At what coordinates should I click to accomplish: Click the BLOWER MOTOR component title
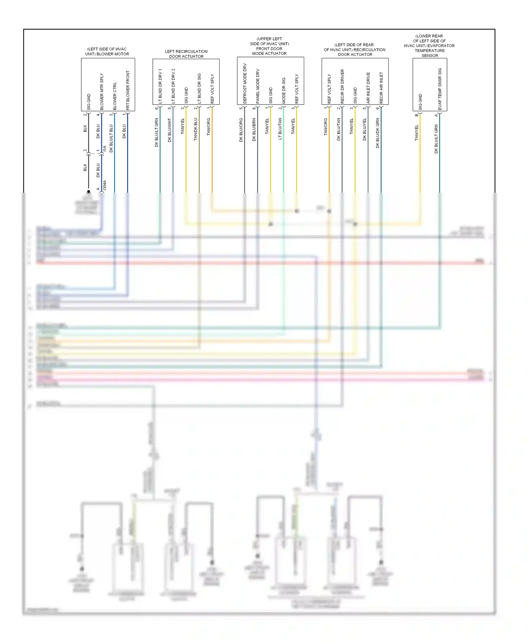(107, 52)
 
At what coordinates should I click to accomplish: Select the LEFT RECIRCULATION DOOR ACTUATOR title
(186, 54)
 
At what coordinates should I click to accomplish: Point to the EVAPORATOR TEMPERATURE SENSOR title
(429, 46)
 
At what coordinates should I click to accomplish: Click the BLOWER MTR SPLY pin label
(102, 91)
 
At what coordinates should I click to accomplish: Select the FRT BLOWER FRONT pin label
(128, 90)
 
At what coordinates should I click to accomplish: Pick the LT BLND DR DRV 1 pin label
(160, 86)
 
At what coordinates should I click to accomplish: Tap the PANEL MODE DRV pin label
(258, 86)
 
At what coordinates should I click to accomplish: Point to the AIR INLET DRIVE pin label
(368, 88)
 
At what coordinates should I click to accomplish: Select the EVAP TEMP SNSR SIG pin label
(440, 89)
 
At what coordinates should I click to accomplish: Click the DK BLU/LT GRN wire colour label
(157, 132)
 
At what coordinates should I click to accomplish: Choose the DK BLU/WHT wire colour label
(170, 130)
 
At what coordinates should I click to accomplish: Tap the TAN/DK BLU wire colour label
(196, 129)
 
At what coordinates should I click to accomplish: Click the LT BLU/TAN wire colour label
(280, 129)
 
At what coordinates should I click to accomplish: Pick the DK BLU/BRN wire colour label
(254, 130)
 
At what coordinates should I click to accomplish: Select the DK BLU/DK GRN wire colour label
(378, 133)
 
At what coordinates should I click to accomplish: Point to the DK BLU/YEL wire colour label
(365, 129)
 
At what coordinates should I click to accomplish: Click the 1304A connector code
(105, 185)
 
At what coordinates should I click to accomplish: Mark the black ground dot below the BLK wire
(89, 192)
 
